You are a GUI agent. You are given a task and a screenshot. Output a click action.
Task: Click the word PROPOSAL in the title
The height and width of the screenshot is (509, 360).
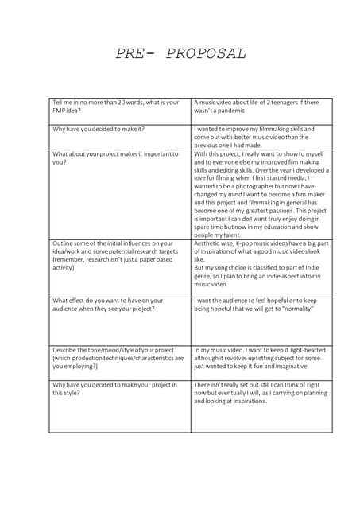tap(207, 54)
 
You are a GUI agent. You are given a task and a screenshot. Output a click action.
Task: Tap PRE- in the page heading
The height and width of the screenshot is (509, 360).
tap(137, 54)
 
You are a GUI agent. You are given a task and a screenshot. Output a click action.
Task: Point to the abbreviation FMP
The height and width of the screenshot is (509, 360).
tap(60, 111)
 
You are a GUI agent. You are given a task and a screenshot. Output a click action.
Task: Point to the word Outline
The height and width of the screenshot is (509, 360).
tap(63, 243)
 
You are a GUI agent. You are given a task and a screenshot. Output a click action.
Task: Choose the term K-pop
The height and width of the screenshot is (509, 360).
tap(248, 243)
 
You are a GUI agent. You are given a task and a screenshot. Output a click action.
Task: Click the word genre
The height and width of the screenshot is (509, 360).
tap(203, 276)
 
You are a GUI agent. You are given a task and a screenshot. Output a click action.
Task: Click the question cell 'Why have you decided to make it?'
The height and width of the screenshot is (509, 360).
tap(99, 129)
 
